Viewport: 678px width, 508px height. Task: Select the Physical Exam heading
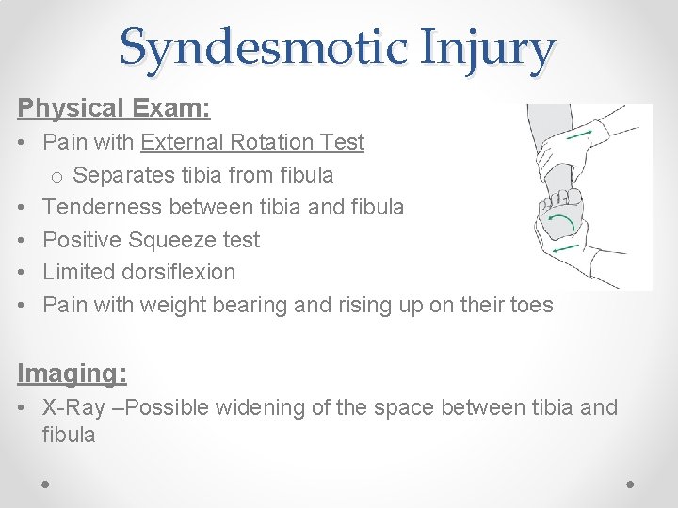114,108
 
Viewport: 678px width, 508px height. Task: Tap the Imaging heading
73,373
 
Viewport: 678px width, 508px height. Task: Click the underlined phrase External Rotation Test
252,142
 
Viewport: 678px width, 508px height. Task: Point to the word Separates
121,175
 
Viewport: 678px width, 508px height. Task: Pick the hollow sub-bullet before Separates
56,176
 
